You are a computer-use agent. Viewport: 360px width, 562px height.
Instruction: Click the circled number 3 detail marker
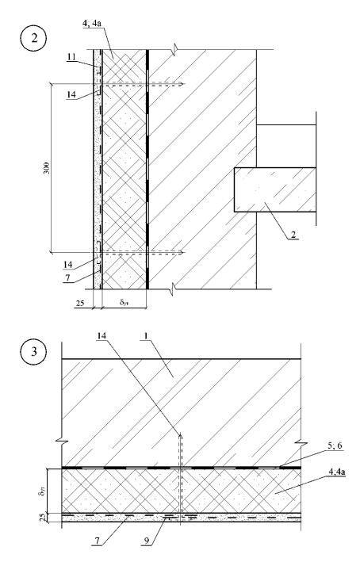(34, 351)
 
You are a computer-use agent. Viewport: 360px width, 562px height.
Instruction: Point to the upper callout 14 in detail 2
(71, 94)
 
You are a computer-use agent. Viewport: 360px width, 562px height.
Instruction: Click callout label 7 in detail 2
(67, 277)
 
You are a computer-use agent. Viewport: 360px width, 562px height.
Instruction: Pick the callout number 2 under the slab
(293, 235)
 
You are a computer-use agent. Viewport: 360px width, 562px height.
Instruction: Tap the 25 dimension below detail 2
(80, 304)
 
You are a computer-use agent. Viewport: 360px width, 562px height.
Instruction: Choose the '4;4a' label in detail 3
(337, 472)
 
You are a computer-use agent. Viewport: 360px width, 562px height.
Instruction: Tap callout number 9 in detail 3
(146, 541)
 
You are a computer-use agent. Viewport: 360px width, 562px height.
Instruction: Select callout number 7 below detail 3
(98, 541)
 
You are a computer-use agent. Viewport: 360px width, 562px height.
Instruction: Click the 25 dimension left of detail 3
(43, 517)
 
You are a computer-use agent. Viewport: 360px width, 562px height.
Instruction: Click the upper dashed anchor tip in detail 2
(183, 84)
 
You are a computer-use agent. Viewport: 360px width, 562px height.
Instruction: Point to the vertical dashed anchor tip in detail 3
(181, 434)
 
